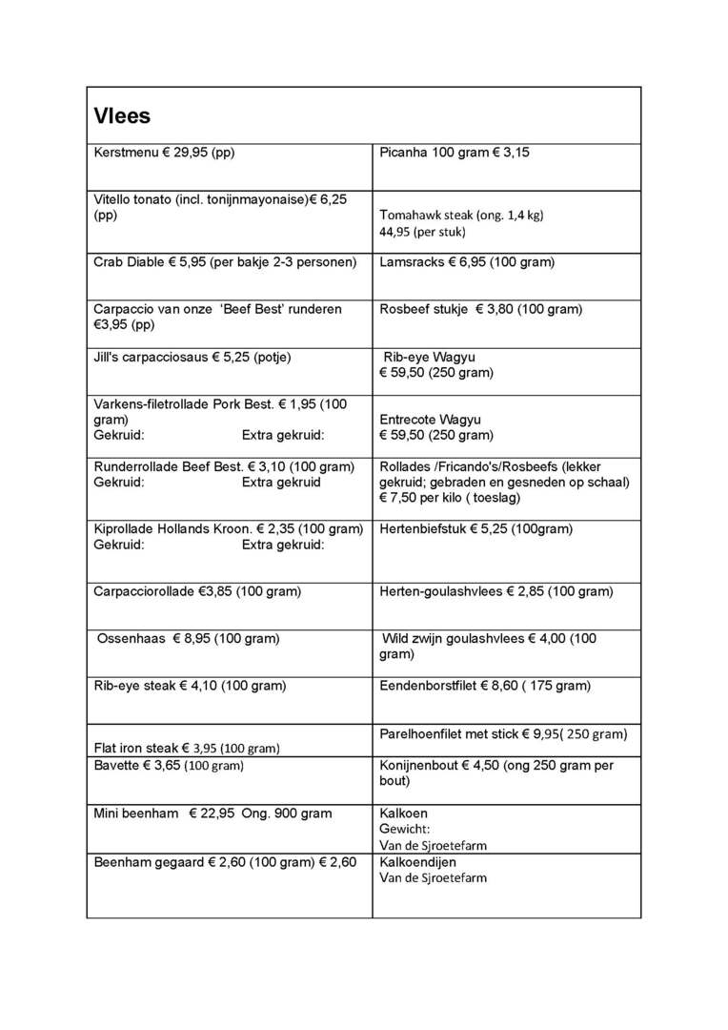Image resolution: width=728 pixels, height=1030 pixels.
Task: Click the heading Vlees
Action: [x=122, y=116]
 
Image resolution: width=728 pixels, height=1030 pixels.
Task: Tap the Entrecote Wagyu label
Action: [x=430, y=420]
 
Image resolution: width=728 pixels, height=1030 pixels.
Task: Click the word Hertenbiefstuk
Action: [x=422, y=528]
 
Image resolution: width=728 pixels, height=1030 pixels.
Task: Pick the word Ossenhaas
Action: [x=131, y=638]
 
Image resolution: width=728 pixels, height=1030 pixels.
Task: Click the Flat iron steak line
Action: [x=187, y=748]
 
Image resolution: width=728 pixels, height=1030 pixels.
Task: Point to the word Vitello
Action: [x=113, y=199]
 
